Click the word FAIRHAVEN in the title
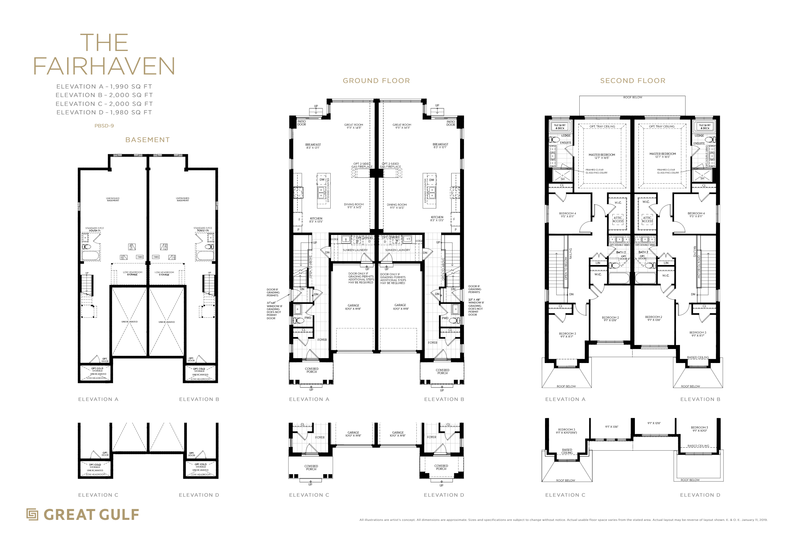[x=104, y=66]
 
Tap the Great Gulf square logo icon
[x=32, y=514]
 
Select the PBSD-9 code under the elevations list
[x=104, y=126]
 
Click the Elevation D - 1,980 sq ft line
[x=104, y=112]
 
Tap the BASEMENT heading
[x=147, y=140]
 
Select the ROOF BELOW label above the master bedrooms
[x=633, y=98]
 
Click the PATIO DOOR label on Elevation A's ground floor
[x=302, y=123]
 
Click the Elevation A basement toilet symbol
[x=87, y=247]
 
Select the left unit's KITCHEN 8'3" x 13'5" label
[x=316, y=220]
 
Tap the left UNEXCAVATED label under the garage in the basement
[x=129, y=322]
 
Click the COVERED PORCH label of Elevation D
[x=441, y=468]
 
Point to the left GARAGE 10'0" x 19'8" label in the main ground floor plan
[x=353, y=307]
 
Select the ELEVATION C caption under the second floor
[x=565, y=495]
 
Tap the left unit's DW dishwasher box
[x=322, y=180]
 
